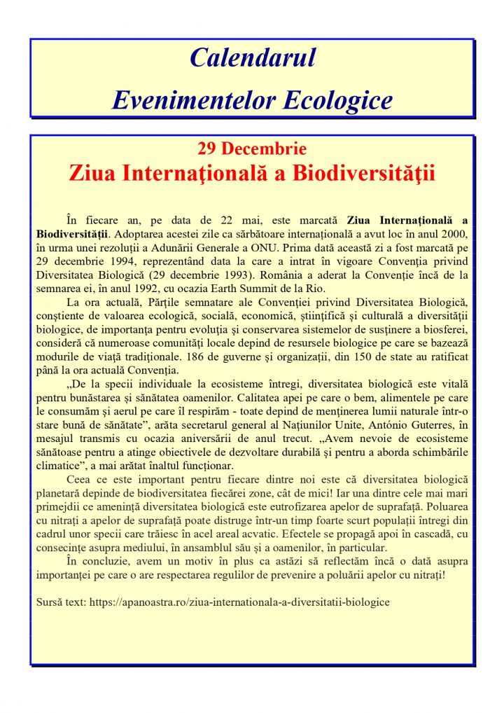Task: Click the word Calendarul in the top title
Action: [252, 57]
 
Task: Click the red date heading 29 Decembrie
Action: [252, 148]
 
